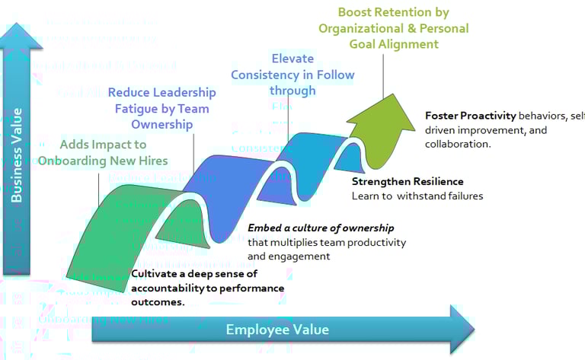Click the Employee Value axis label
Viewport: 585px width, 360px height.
(x=277, y=329)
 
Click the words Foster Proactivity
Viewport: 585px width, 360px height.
(x=470, y=116)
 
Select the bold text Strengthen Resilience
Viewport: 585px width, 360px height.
(x=408, y=182)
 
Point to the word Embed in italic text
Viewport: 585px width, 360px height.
(x=265, y=228)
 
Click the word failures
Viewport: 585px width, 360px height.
(x=462, y=196)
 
